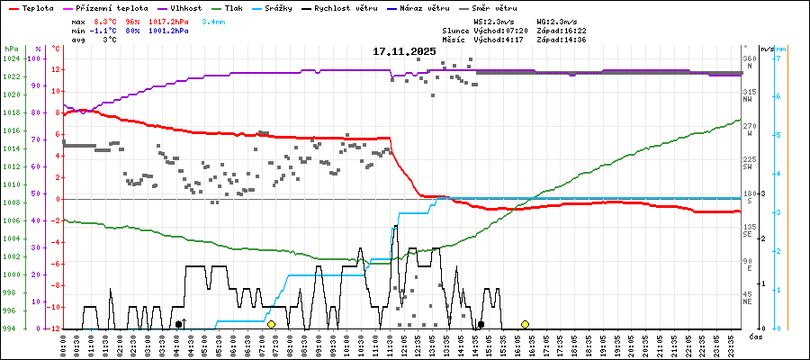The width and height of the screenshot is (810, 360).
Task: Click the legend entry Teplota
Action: pyautogui.click(x=30, y=6)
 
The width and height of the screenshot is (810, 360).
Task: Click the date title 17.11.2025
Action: pyautogui.click(x=404, y=51)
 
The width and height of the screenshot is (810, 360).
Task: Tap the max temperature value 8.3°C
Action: pyautogui.click(x=105, y=21)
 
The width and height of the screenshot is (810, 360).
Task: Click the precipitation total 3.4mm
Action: pyautogui.click(x=214, y=21)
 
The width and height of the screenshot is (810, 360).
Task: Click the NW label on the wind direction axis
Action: pyautogui.click(x=748, y=99)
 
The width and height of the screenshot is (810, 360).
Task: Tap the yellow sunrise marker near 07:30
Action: pyautogui.click(x=271, y=324)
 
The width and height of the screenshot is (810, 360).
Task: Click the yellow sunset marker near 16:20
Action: pyautogui.click(x=525, y=324)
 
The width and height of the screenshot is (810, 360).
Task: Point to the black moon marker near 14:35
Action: pyautogui.click(x=481, y=324)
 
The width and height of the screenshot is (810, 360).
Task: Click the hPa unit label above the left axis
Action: pyautogui.click(x=10, y=48)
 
